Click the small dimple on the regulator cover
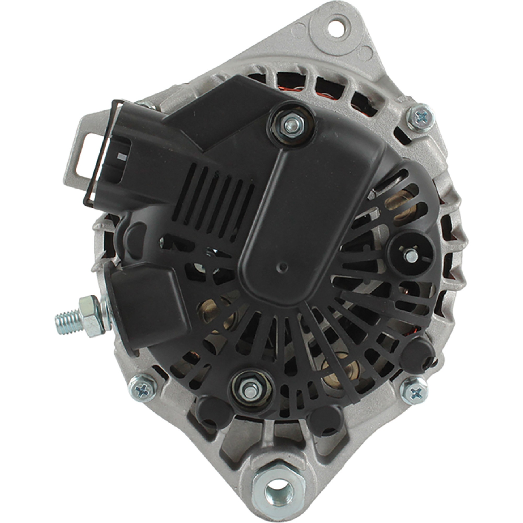tap(283, 267)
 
